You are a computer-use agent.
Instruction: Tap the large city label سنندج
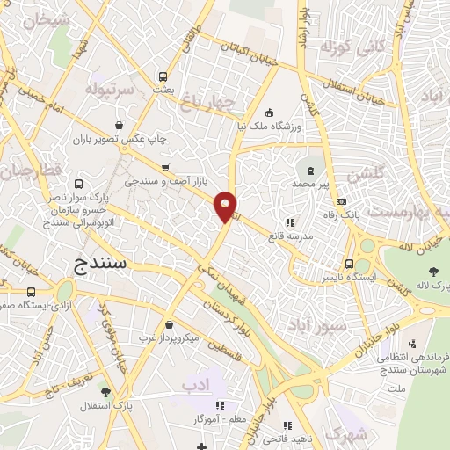pos(97,263)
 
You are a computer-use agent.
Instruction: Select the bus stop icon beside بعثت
pos(161,76)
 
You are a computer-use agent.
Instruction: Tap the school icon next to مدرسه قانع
pos(291,222)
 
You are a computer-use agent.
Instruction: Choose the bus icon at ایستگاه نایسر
pos(350,263)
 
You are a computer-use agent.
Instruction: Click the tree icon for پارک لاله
pos(433,271)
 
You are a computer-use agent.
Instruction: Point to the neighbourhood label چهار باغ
pos(215,105)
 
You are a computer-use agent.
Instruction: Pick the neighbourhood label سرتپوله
pos(110,90)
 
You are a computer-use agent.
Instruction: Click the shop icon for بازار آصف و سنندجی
pos(164,168)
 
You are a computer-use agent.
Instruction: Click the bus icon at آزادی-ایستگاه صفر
pos(33,291)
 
